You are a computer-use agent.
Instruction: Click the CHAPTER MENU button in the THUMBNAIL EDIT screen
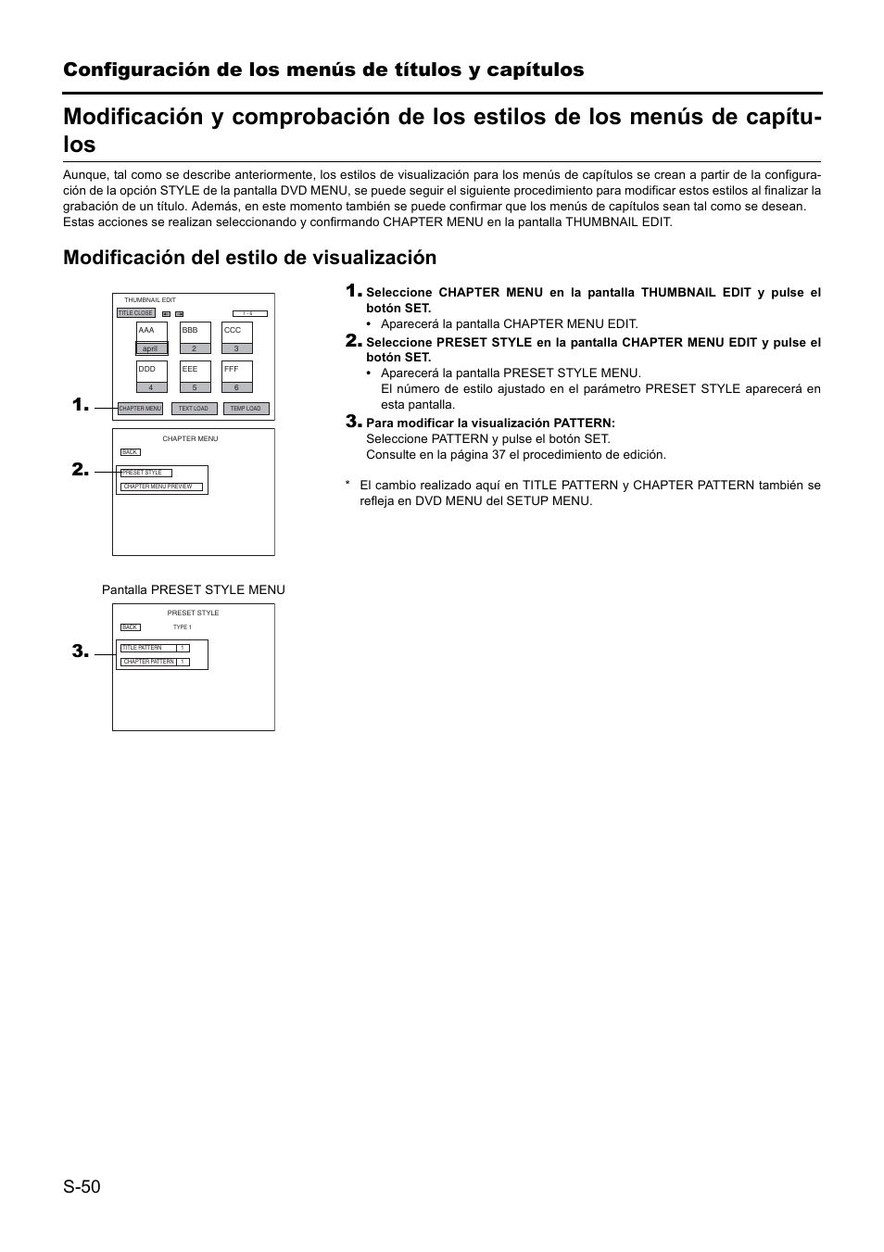pyautogui.click(x=140, y=409)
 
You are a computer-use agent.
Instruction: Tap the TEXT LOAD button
pyautogui.click(x=194, y=409)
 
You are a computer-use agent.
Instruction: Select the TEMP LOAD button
pyautogui.click(x=246, y=409)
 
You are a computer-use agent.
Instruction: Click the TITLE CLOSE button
pyautogui.click(x=135, y=313)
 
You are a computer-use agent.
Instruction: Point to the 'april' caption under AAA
pyautogui.click(x=150, y=349)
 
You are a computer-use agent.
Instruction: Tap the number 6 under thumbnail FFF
pyautogui.click(x=237, y=387)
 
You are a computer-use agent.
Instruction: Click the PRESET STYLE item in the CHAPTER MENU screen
pyautogui.click(x=146, y=473)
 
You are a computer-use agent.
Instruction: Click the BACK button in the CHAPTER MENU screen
pyautogui.click(x=130, y=452)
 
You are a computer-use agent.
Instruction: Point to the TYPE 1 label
pyautogui.click(x=183, y=627)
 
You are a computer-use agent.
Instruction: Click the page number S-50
pyautogui.click(x=82, y=1186)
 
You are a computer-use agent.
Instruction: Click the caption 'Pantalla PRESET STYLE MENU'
pyautogui.click(x=194, y=590)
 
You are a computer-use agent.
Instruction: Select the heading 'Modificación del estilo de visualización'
pyautogui.click(x=249, y=258)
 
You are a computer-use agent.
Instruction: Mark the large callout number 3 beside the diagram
pyautogui.click(x=81, y=652)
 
